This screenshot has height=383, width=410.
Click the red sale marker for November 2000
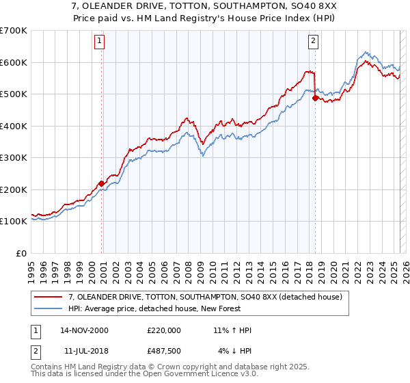click(x=101, y=183)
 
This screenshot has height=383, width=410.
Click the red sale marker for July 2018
click(x=315, y=98)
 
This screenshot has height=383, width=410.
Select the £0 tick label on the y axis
click(x=23, y=253)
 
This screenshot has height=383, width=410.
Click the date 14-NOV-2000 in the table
click(x=84, y=330)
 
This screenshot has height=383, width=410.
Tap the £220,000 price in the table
click(x=164, y=330)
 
